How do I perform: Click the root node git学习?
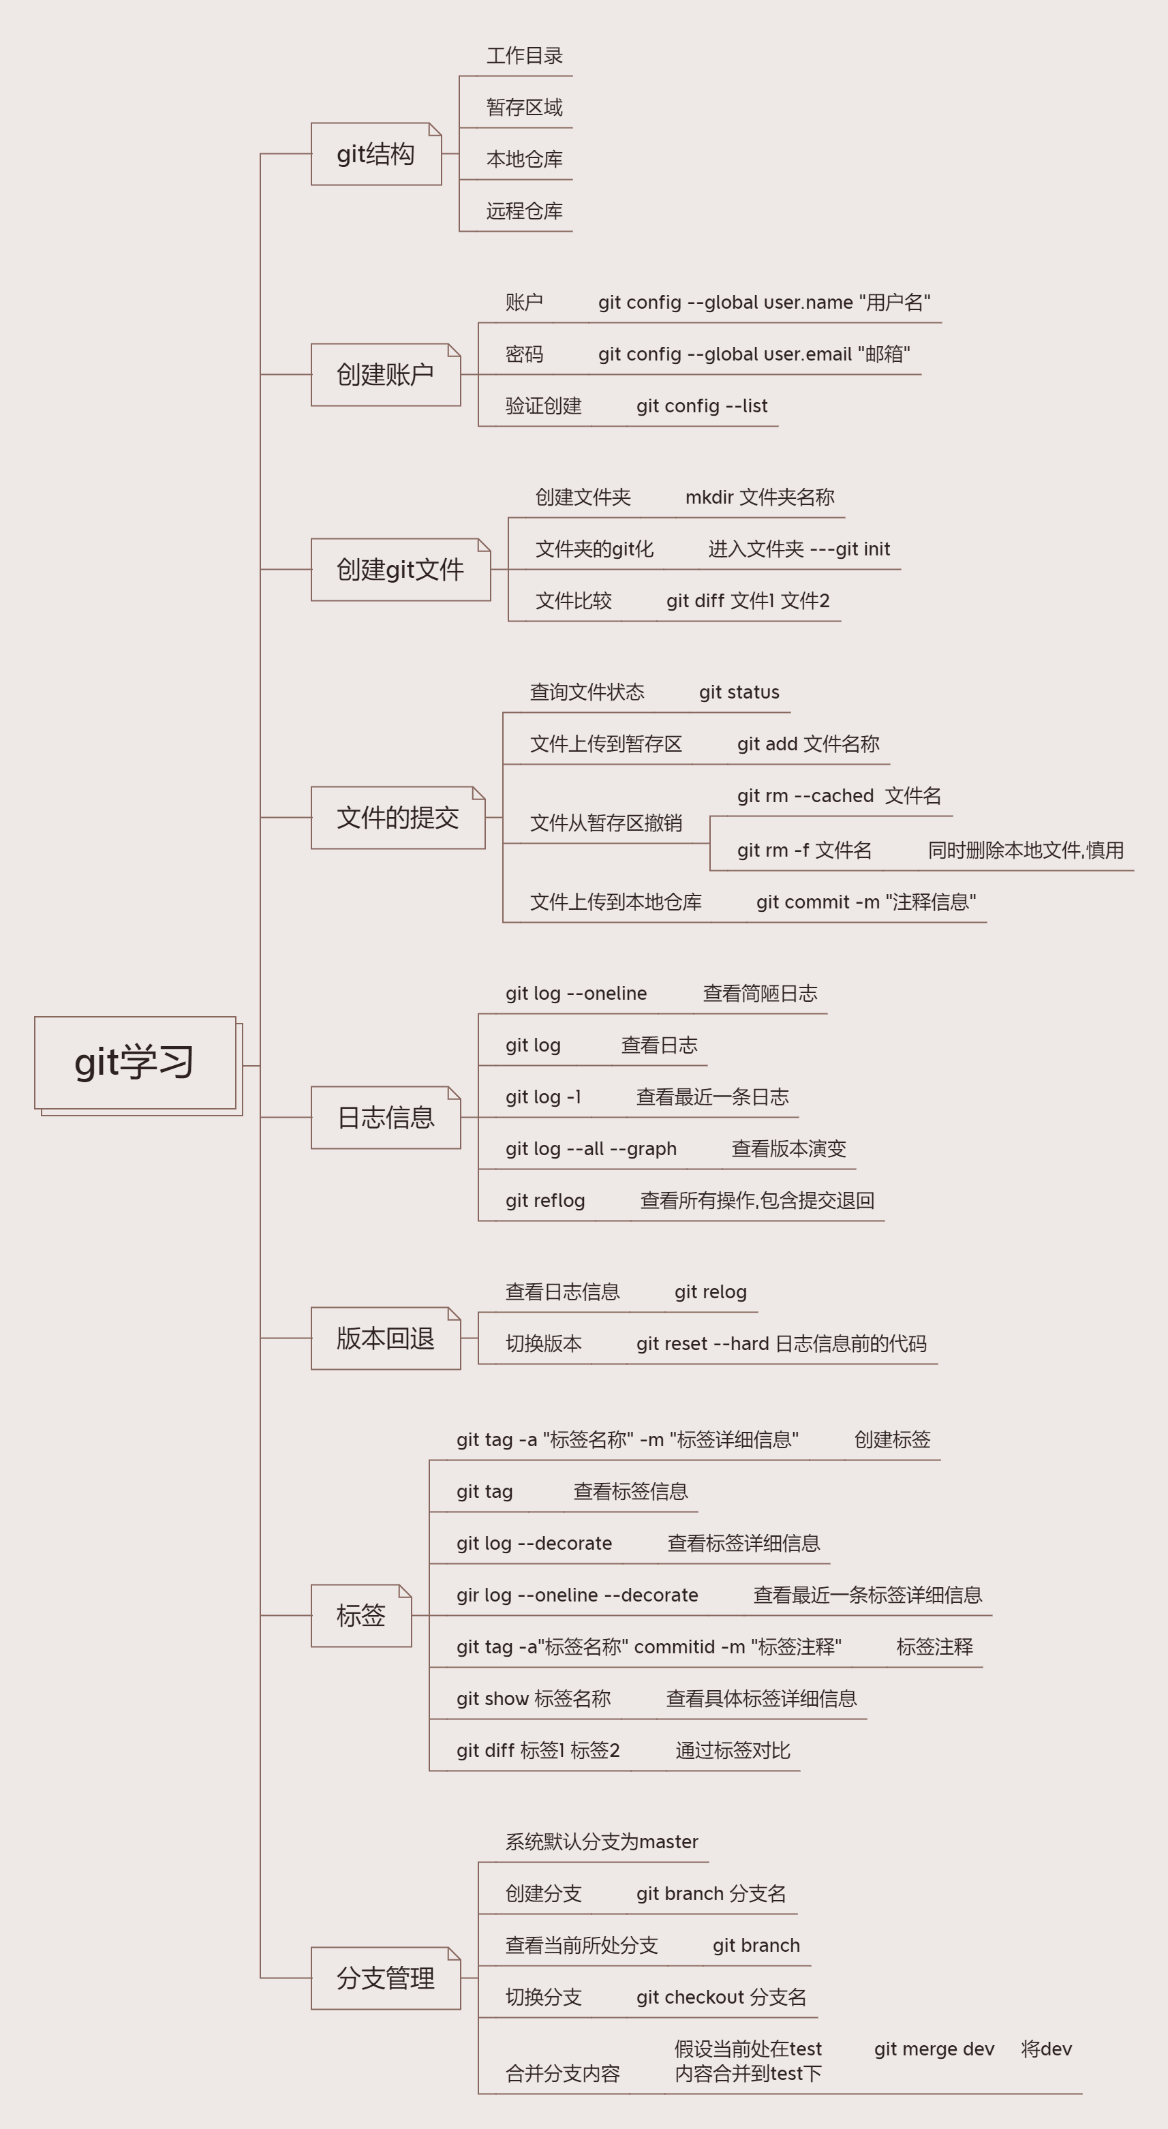click(135, 1063)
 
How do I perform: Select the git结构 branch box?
click(376, 154)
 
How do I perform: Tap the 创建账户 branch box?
click(385, 374)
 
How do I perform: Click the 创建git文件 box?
click(400, 570)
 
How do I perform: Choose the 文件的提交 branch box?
click(397, 817)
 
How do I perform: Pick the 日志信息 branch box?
click(385, 1118)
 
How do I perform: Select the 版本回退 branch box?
click(385, 1338)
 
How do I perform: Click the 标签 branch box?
click(361, 1616)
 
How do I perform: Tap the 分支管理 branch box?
click(385, 1978)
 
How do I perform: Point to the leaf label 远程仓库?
click(524, 211)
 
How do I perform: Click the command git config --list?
click(702, 405)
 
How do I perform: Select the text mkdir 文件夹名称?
click(760, 497)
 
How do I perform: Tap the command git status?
click(739, 692)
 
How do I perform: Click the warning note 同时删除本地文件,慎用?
click(1025, 850)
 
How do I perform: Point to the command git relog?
click(710, 1292)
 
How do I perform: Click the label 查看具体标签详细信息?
click(761, 1698)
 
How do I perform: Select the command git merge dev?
click(934, 2049)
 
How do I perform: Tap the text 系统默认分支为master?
click(602, 1841)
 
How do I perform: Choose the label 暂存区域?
click(524, 108)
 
